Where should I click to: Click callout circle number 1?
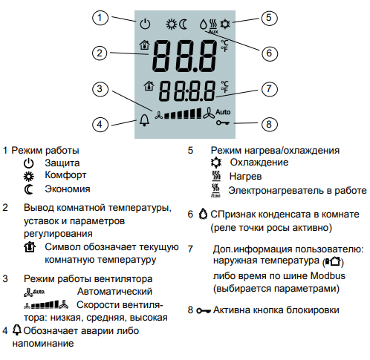100,18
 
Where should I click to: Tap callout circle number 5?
269,18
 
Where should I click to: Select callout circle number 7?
269,89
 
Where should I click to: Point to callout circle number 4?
100,124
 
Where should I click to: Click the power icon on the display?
145,24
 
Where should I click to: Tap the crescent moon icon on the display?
184,24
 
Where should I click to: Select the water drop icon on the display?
204,24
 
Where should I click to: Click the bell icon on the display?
144,120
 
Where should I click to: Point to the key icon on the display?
223,122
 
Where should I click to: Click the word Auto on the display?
223,112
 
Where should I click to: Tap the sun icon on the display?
172,24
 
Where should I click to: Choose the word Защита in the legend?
62,163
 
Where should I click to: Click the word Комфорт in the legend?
65,175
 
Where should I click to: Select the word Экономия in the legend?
68,189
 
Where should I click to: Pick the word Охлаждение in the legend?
259,163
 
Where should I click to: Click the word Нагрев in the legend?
245,177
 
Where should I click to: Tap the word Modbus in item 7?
328,275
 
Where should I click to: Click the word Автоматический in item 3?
114,292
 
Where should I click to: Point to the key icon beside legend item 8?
204,310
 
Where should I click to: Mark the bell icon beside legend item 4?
17,330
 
